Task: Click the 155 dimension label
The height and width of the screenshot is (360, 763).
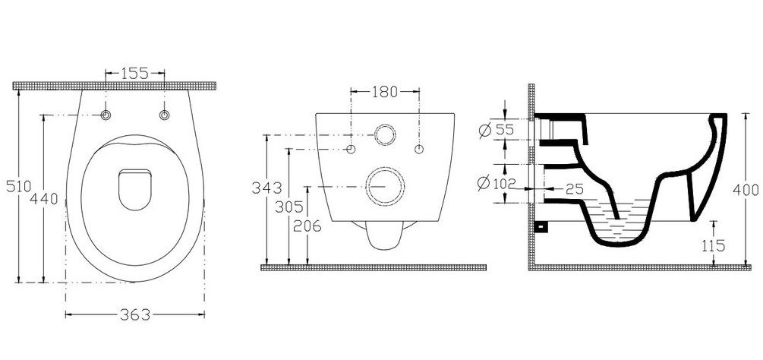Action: [135, 74]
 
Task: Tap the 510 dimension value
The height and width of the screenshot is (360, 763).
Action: [18, 186]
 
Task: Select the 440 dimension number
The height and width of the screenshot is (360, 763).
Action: [44, 198]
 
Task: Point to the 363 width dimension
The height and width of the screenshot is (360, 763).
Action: [135, 314]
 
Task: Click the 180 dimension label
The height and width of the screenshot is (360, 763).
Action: [385, 91]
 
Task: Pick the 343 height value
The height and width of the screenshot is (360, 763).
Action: [266, 188]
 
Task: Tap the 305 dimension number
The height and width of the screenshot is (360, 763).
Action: [289, 207]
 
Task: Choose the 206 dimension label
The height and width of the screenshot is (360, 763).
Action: [307, 226]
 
